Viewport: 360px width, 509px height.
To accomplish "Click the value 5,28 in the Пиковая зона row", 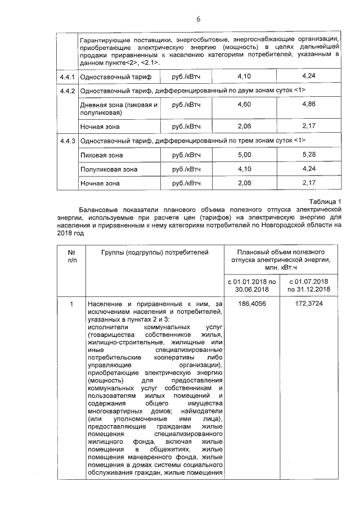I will tap(309, 154).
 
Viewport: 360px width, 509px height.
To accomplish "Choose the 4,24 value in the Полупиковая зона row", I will tap(309, 168).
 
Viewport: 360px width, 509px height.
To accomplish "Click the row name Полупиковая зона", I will tap(109, 169).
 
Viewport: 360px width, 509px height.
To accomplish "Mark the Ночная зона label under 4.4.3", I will tap(100, 183).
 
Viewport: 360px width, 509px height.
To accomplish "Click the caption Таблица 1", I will tap(325, 202).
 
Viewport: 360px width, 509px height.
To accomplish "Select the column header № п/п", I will tap(72, 256).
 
